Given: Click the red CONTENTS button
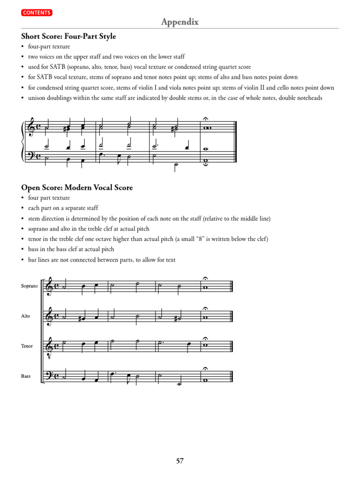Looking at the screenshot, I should tap(36, 13).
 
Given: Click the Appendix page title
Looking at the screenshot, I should tap(180, 22).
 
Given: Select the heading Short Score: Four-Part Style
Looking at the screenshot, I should tap(68, 36).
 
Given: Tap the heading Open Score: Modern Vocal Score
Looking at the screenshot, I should tap(77, 187).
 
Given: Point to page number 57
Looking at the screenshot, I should tap(180, 461).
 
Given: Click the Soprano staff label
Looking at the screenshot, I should tap(29, 285).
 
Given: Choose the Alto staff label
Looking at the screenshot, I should tap(25, 316).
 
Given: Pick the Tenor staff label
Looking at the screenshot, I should tap(27, 346).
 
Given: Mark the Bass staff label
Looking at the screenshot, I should tap(26, 376).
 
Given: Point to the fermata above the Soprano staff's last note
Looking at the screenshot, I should tap(205, 278).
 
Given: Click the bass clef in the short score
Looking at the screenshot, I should tap(31, 155).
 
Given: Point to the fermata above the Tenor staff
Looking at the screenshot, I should tap(205, 338).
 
